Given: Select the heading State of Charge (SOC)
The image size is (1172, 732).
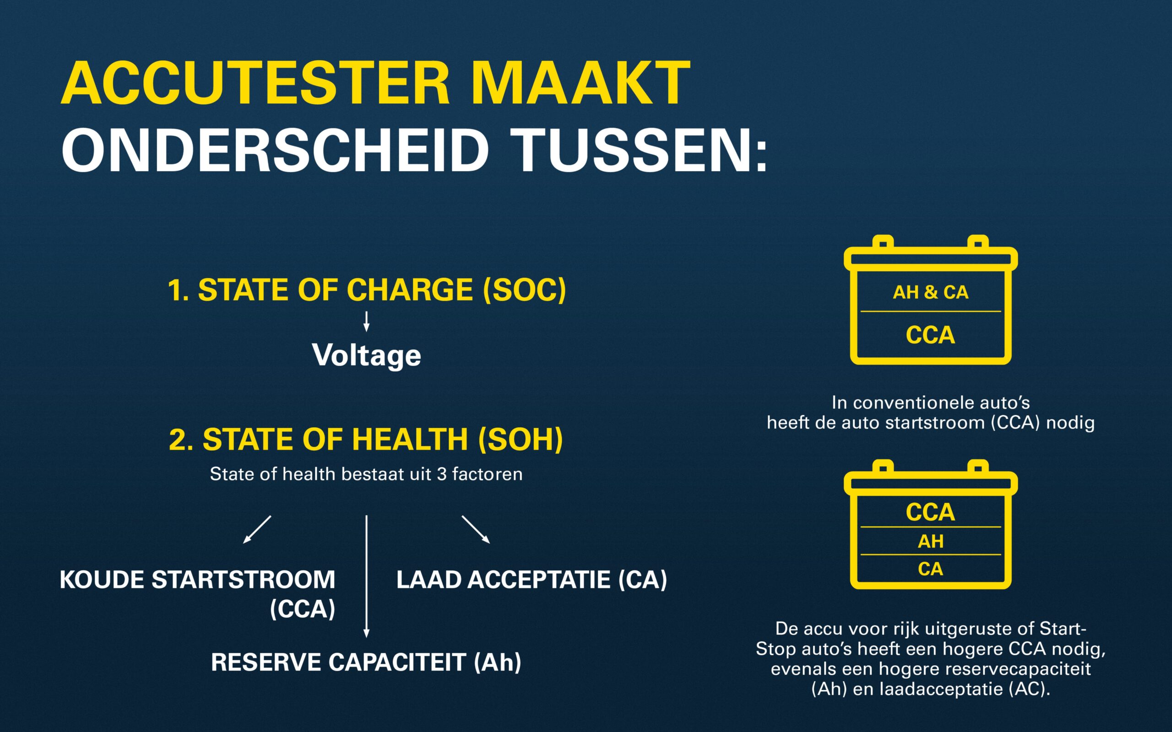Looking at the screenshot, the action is point(367,290).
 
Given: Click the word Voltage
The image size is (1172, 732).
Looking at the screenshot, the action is point(367,356).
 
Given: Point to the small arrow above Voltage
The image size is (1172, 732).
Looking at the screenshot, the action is point(367,321).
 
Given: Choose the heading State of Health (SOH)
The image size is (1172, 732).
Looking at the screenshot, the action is point(366,439).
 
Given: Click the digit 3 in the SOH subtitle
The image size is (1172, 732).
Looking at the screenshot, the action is point(441,474).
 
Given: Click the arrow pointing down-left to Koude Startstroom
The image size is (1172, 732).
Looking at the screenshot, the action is point(257,530).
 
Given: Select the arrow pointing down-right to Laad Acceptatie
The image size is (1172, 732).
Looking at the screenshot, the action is point(476,530).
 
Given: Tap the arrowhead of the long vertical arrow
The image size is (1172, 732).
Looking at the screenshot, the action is point(367,633).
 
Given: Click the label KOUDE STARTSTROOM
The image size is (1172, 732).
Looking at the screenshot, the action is point(197,580).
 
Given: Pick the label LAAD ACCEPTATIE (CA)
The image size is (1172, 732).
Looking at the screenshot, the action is point(532,580).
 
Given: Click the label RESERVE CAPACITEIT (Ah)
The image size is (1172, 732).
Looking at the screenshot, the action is point(366,662).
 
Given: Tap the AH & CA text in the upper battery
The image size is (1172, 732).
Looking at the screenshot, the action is point(930,292).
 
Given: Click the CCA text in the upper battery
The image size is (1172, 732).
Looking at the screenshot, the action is point(930,335).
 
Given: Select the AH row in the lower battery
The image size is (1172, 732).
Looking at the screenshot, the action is point(930,541).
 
